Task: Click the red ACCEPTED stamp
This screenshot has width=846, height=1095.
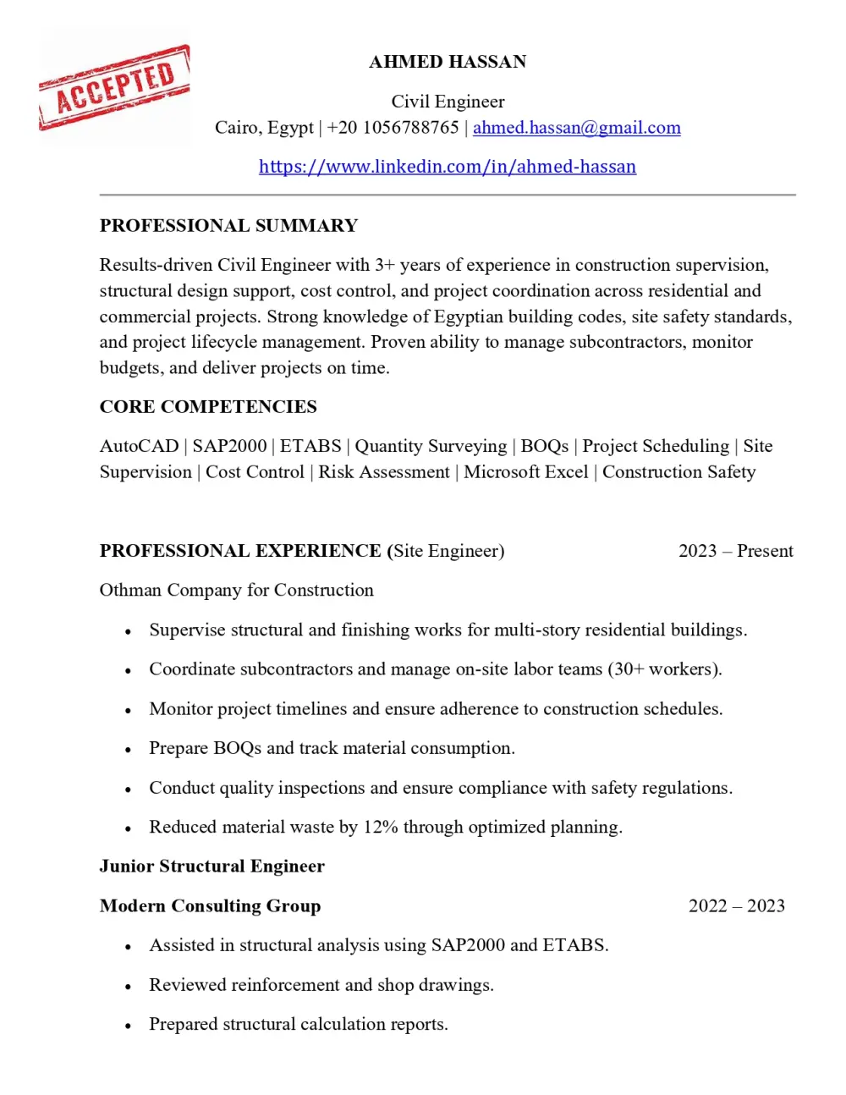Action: pyautogui.click(x=114, y=88)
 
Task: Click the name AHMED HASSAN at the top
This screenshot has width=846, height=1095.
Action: pyautogui.click(x=448, y=62)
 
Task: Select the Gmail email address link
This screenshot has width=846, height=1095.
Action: pyautogui.click(x=576, y=128)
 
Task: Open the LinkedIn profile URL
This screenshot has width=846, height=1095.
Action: pyautogui.click(x=448, y=167)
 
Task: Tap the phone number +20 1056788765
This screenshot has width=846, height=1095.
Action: pyautogui.click(x=393, y=128)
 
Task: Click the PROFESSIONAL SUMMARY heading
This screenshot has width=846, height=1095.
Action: pyautogui.click(x=228, y=226)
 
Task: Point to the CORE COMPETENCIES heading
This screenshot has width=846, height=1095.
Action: pyautogui.click(x=208, y=407)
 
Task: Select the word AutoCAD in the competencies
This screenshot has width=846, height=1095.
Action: pyautogui.click(x=139, y=446)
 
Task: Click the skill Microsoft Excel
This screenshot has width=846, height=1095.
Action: pyautogui.click(x=525, y=472)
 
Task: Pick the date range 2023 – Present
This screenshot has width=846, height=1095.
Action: pyautogui.click(x=735, y=551)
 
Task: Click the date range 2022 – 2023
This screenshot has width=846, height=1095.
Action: pyautogui.click(x=736, y=906)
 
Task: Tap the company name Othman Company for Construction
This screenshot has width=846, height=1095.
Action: pyautogui.click(x=236, y=591)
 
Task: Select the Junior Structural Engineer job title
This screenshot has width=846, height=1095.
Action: pyautogui.click(x=211, y=867)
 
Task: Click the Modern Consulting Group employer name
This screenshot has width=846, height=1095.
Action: pyautogui.click(x=210, y=906)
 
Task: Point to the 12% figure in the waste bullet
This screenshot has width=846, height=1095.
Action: pyautogui.click(x=381, y=828)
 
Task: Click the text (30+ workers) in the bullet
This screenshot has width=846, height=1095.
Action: pyautogui.click(x=664, y=669)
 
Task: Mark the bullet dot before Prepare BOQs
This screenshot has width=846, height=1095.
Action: pyautogui.click(x=128, y=750)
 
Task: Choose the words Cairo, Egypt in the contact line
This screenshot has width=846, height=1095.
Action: pyautogui.click(x=264, y=128)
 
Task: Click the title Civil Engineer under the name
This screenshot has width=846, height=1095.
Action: pyautogui.click(x=448, y=102)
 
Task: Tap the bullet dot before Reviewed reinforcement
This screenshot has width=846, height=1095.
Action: pyautogui.click(x=128, y=987)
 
